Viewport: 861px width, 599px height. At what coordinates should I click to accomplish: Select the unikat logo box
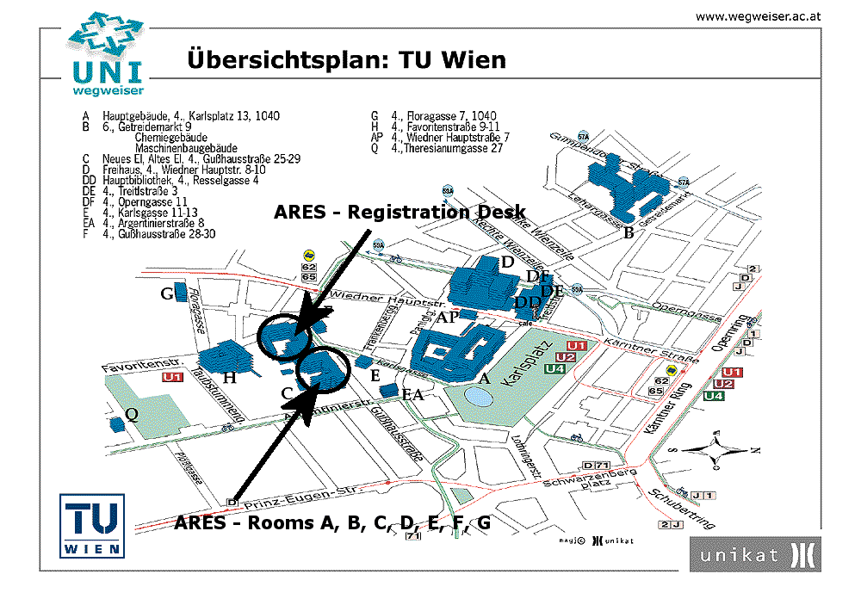(x=754, y=554)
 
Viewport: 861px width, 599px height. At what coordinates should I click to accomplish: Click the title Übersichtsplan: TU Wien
(x=346, y=60)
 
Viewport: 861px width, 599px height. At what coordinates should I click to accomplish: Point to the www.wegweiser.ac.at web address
(x=759, y=15)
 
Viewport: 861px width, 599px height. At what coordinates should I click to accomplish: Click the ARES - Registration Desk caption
(x=400, y=213)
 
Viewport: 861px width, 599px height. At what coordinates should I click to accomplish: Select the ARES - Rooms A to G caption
(x=332, y=522)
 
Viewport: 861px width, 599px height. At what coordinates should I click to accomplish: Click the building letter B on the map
(x=629, y=232)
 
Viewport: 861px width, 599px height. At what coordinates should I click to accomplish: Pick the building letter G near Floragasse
(x=167, y=294)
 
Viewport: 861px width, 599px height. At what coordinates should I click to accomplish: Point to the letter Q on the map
(x=131, y=414)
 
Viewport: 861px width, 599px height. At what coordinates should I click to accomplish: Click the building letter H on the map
(x=229, y=377)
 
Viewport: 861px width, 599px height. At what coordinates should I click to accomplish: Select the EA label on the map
(x=413, y=395)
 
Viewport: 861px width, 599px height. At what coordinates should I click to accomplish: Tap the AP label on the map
(x=447, y=317)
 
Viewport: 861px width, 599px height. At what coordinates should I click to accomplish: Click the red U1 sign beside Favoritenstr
(x=173, y=377)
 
